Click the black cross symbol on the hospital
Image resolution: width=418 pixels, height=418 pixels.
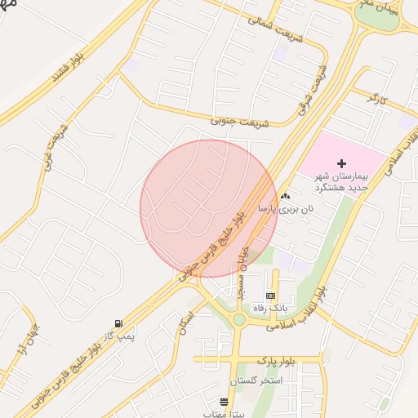(x=341, y=164)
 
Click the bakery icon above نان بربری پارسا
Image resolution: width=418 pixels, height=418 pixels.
(x=285, y=197)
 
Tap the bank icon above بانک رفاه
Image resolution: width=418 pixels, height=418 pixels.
(x=270, y=296)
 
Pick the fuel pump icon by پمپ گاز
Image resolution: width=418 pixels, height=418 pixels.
(x=119, y=323)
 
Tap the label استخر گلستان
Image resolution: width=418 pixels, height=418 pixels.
(x=256, y=381)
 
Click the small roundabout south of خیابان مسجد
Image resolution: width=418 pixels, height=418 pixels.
(x=238, y=320)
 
